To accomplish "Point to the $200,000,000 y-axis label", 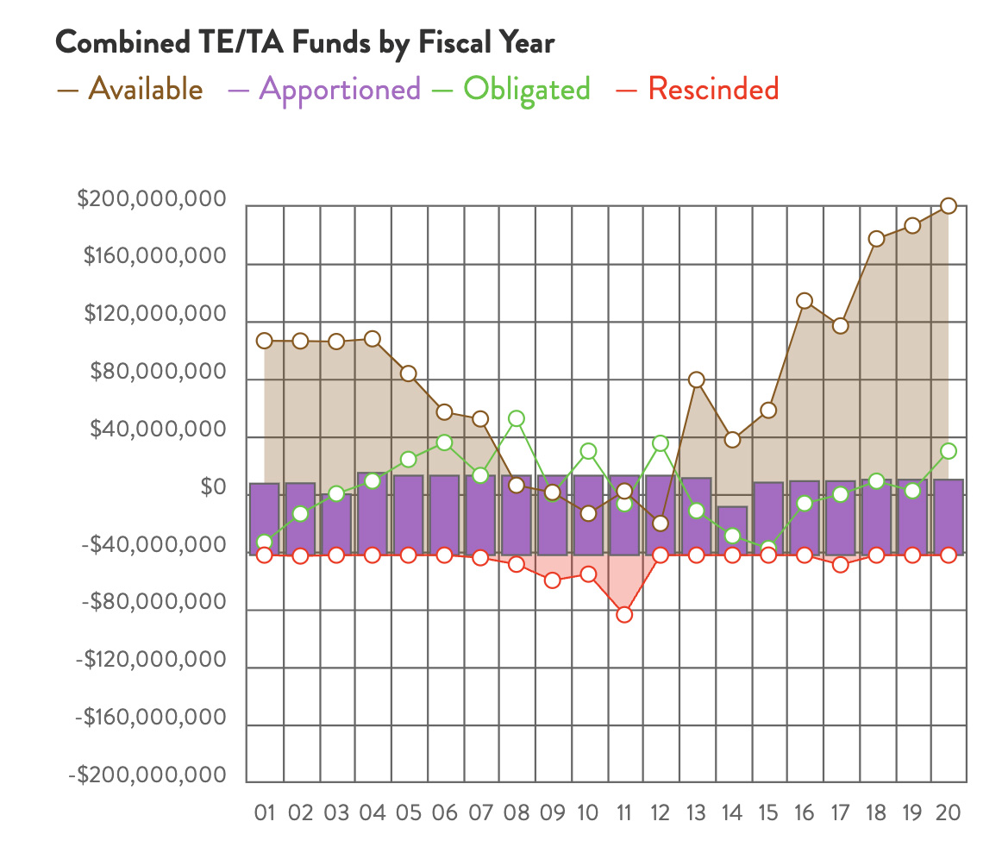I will click(x=152, y=200).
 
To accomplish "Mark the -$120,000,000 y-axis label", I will click(x=152, y=661).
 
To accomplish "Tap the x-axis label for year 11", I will click(x=624, y=812).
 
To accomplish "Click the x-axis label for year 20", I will click(x=948, y=812).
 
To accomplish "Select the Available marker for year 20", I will click(x=949, y=206).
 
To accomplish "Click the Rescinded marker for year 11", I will click(x=624, y=615).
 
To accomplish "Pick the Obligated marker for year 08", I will click(x=517, y=419).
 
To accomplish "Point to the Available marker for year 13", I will click(x=697, y=380).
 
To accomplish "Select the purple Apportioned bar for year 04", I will click(x=373, y=513).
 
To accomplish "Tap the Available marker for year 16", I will click(x=805, y=301).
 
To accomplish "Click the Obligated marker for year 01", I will click(x=265, y=543).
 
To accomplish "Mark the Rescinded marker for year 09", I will click(x=553, y=580).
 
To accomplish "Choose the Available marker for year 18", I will click(x=877, y=239).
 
